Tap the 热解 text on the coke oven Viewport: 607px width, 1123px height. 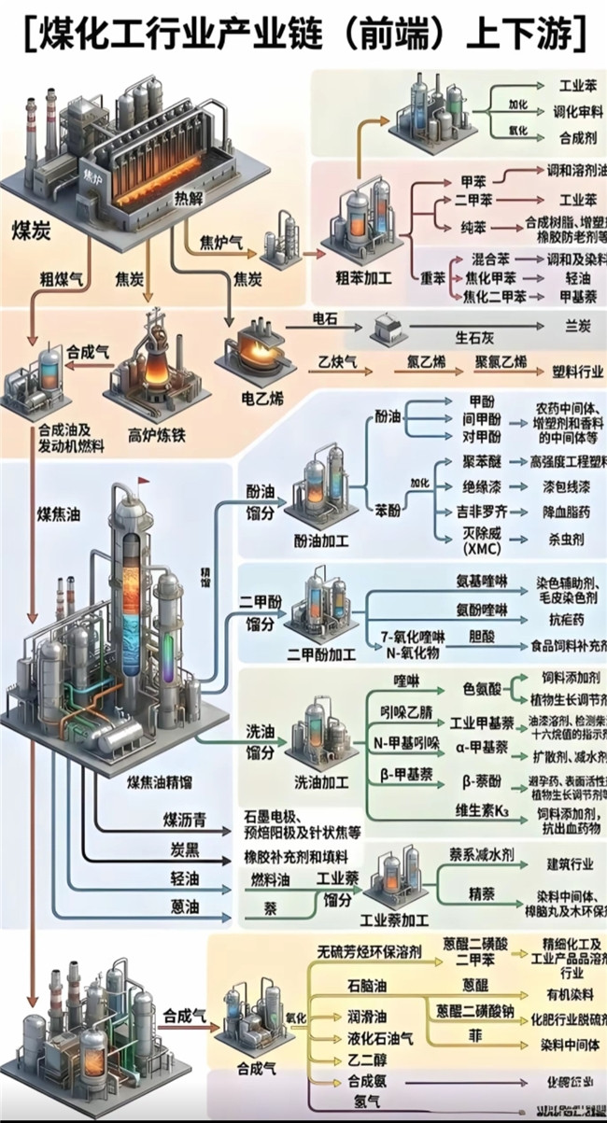click(x=188, y=198)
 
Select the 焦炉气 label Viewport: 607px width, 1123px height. click(x=222, y=243)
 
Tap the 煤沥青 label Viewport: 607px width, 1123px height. click(x=185, y=821)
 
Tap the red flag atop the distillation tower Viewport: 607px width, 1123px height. click(x=144, y=482)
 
